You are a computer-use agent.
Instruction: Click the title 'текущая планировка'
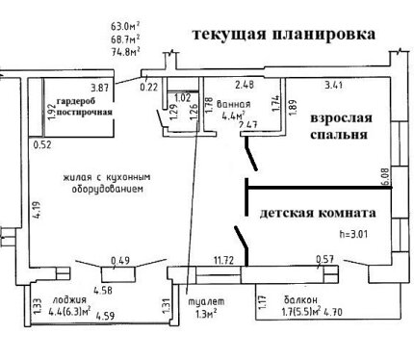pos(284,34)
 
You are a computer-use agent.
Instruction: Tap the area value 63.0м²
pos(125,26)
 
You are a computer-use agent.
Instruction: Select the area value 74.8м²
pos(125,52)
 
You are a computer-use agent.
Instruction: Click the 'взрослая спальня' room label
pos(341,126)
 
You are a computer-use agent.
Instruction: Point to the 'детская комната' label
pos(318,213)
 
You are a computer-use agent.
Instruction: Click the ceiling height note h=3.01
pos(353,234)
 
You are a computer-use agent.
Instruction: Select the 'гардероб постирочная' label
pos(85,107)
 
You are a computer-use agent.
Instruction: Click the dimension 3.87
pos(100,88)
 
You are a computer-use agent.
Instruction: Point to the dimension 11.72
pos(223,259)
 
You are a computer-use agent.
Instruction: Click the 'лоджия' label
pos(69,299)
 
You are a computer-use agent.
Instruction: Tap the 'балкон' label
pos(300,299)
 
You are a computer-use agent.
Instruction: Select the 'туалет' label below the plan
pos(206,301)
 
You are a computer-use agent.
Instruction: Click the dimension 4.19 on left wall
pos(39,210)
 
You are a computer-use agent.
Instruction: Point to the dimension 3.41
pos(334,85)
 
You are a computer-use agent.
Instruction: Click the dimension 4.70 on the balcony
pos(333,311)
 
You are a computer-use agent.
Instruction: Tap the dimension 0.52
pos(42,145)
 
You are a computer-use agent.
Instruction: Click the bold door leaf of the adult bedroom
pos(250,153)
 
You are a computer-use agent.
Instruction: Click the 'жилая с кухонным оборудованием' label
pos(107,183)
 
